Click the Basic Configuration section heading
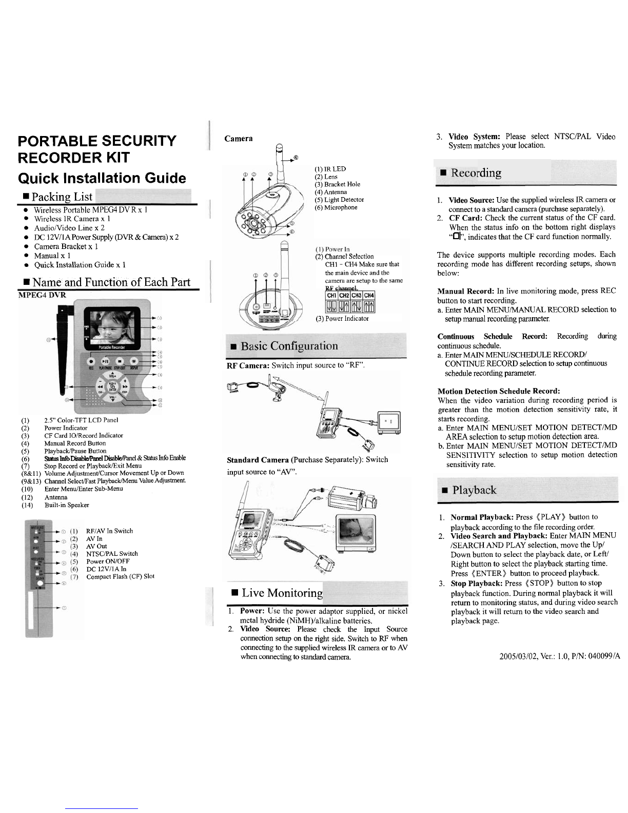click(x=290, y=345)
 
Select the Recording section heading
click(x=475, y=172)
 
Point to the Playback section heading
click(x=472, y=490)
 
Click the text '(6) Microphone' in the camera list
click(x=336, y=207)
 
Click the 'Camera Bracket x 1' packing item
click(x=67, y=246)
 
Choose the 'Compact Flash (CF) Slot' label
click(x=120, y=576)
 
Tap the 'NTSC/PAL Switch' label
click(x=112, y=554)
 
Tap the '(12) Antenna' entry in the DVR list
click(x=55, y=497)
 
